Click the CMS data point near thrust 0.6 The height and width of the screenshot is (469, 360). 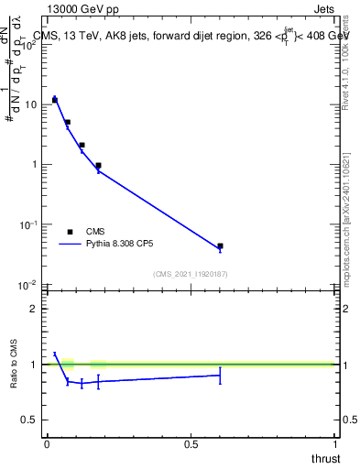[220, 246]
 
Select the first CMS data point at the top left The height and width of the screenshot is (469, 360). [54, 100]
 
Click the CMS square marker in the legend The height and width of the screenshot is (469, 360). [70, 232]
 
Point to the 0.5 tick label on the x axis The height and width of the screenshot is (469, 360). [191, 443]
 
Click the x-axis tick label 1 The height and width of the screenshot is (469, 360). [334, 443]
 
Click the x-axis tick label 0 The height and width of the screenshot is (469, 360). [46, 443]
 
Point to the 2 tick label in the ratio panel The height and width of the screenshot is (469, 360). [35, 309]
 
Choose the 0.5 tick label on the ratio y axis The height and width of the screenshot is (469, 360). [31, 420]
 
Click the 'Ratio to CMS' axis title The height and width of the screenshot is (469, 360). [14, 365]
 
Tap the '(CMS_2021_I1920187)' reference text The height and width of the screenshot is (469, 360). [190, 274]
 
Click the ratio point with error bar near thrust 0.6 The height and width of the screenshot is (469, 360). [220, 375]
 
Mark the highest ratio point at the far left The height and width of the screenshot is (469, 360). [54, 354]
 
